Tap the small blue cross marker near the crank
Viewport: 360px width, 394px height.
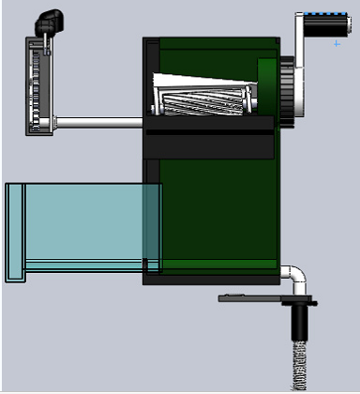point(337,42)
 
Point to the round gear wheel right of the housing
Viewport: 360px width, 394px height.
point(290,91)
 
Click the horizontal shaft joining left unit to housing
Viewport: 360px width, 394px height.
point(98,120)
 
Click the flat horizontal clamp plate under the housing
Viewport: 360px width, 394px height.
point(267,300)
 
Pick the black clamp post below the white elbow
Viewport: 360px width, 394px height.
point(300,324)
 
